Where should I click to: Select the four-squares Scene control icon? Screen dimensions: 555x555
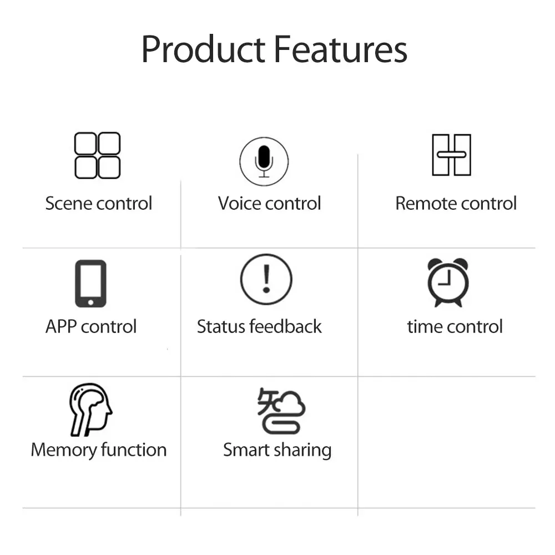(97, 155)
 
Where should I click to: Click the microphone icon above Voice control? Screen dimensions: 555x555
(264, 162)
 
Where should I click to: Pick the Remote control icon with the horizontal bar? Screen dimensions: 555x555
(452, 155)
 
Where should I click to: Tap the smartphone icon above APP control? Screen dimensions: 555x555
(90, 284)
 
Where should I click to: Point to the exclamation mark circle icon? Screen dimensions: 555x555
(266, 279)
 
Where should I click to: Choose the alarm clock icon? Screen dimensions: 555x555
(448, 282)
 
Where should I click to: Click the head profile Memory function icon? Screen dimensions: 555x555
(90, 409)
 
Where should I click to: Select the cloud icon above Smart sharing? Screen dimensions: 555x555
(281, 411)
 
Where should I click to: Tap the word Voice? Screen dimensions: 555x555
(238, 204)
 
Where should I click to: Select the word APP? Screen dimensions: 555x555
(61, 326)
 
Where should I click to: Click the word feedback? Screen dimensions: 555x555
(286, 326)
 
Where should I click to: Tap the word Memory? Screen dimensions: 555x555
(64, 450)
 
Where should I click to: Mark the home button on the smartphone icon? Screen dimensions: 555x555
(90, 302)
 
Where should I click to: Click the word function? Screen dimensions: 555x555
(134, 450)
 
